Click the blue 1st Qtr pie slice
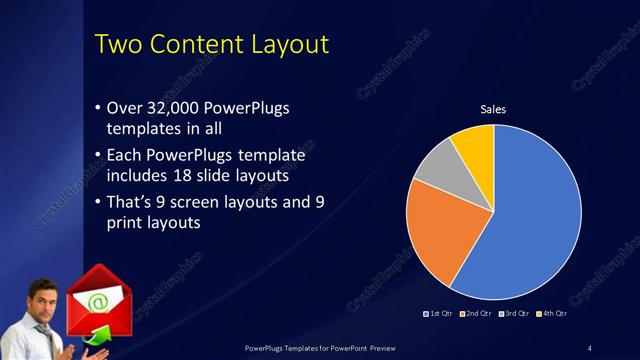[530, 220]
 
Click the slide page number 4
[590, 348]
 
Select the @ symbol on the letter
[98, 298]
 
